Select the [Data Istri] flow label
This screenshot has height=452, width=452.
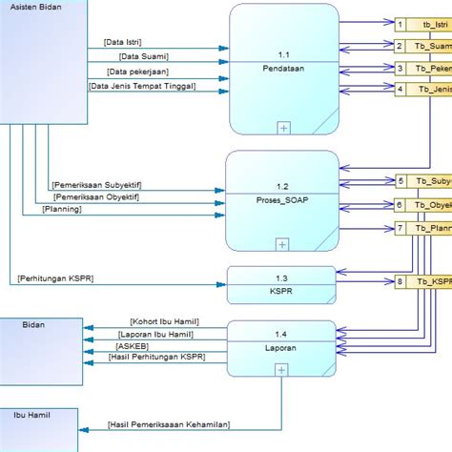tap(126, 43)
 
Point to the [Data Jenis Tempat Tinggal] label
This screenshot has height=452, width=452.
tap(143, 86)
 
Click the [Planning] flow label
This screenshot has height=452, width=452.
tap(62, 209)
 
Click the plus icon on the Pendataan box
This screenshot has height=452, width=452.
tap(283, 127)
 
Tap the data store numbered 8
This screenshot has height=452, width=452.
tap(401, 281)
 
